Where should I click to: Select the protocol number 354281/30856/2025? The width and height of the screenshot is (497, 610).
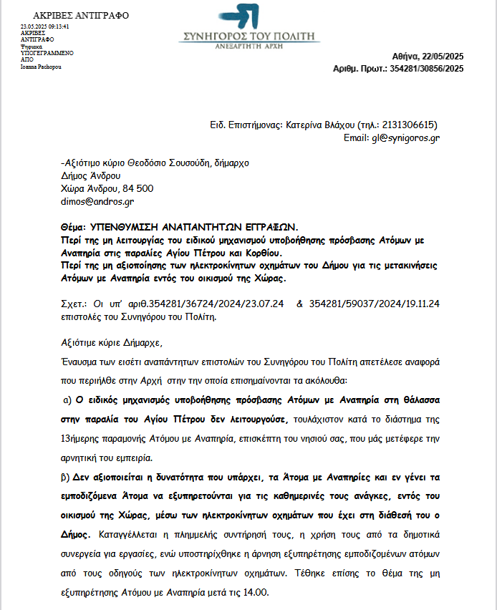coord(425,69)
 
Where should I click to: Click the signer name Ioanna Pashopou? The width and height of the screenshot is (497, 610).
coord(41,67)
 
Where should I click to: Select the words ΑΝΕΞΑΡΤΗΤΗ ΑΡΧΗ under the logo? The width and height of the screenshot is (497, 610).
coord(249,44)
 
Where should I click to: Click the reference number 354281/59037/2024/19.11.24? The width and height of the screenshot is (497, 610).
coord(375,303)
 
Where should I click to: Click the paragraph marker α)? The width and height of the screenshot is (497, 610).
coord(68,398)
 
